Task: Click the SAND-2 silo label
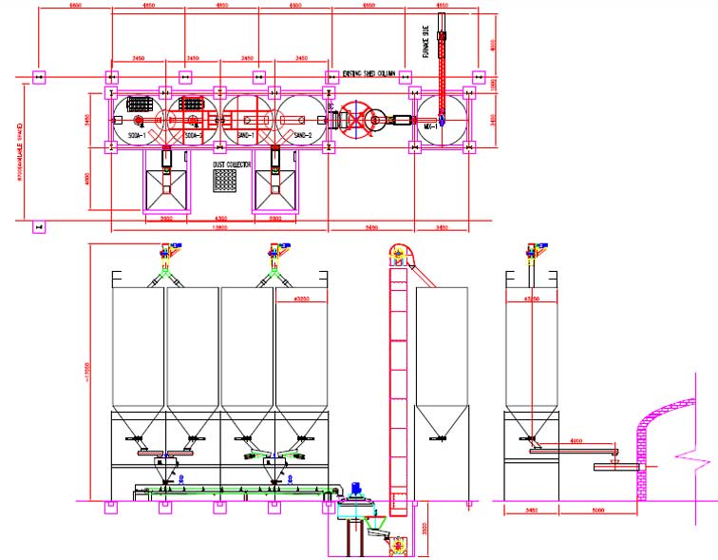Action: point(304,136)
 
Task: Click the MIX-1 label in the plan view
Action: point(431,126)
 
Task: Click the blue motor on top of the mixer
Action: point(357,492)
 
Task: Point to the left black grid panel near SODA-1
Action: point(141,104)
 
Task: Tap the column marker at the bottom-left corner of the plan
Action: point(38,226)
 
